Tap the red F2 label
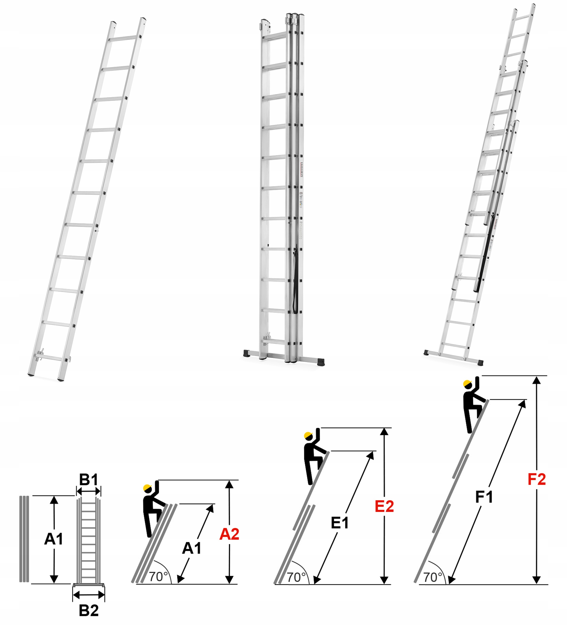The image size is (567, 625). [x=537, y=479]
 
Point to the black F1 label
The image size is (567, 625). [x=484, y=497]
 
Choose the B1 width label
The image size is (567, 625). [x=88, y=480]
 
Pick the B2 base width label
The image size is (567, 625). [x=89, y=610]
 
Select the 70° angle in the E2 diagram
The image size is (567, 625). [x=296, y=577]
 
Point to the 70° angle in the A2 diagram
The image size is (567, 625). [x=158, y=577]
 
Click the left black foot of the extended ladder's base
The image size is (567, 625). [x=427, y=352]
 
